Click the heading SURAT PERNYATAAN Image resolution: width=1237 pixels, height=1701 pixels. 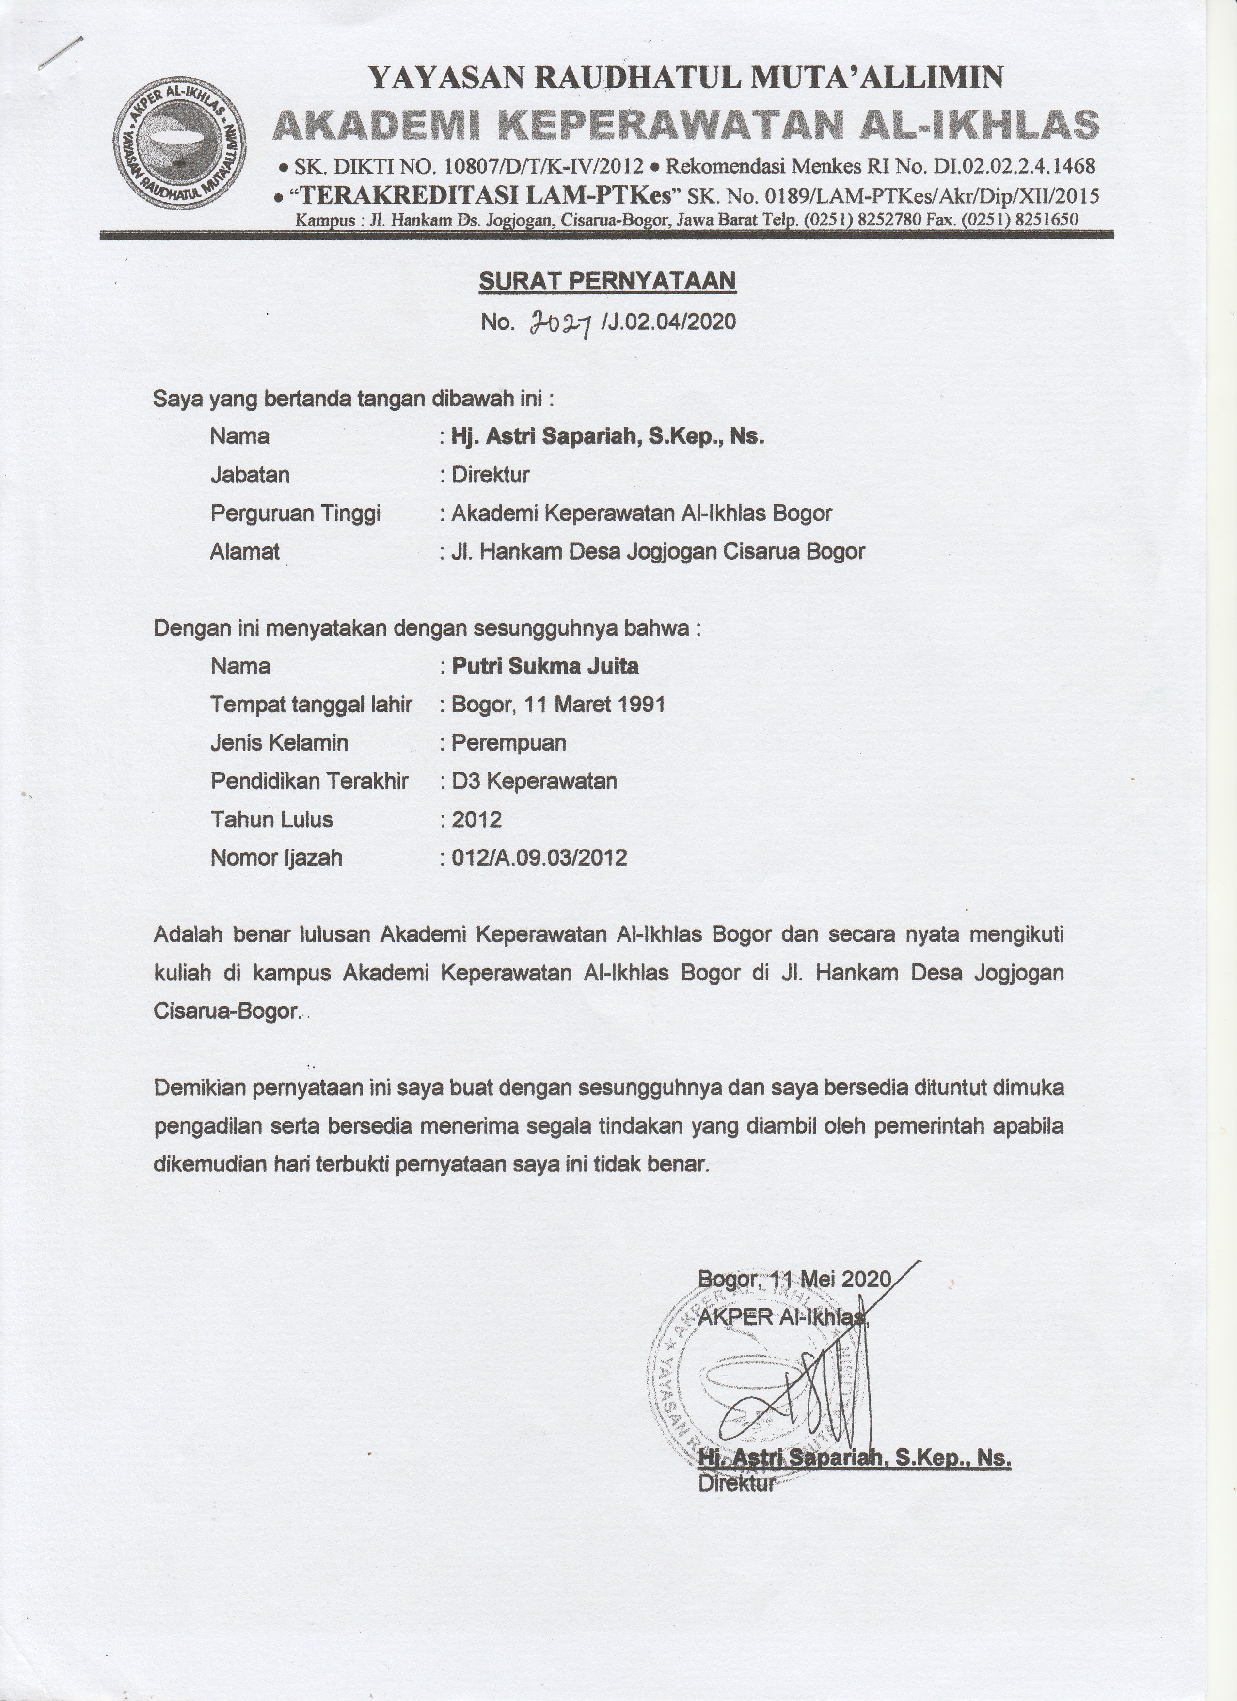point(607,280)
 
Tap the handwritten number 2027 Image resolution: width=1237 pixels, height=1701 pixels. point(561,322)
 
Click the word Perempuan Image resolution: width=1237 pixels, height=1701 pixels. point(508,742)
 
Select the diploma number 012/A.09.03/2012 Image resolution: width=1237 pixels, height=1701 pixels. point(539,857)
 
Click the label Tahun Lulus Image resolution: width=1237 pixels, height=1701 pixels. point(271,819)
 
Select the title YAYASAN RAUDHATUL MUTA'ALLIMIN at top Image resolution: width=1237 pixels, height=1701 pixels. point(686,77)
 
